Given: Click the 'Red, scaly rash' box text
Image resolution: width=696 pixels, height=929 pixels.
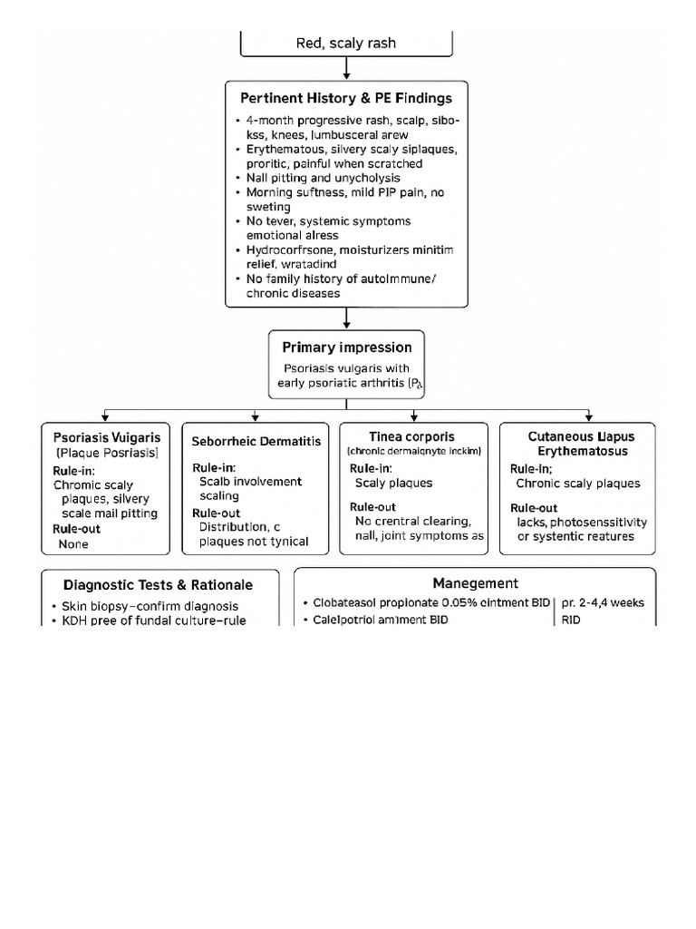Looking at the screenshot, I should coord(346,43).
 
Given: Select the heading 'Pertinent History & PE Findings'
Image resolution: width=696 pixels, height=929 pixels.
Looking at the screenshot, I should coord(346,97).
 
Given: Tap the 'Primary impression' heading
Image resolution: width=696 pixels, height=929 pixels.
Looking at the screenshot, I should coord(346,347).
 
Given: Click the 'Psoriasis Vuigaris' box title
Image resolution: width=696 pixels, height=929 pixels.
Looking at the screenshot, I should coord(106,436).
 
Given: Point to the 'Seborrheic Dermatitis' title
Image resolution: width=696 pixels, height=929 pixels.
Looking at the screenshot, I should coord(256,440).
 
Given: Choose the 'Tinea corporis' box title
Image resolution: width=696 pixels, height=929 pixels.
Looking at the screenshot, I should coord(412,436).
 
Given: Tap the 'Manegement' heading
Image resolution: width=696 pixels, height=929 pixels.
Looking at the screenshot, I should coord(475,583).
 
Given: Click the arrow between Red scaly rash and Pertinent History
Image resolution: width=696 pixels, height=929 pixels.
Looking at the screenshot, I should coord(346,68).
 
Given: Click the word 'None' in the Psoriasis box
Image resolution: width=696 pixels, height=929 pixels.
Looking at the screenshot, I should coord(74,544).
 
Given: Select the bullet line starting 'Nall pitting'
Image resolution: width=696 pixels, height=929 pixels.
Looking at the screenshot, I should coord(323,179).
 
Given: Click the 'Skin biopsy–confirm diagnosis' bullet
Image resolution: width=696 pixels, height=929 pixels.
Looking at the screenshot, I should coord(150,605).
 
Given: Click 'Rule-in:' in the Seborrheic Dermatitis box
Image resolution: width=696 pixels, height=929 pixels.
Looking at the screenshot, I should coord(213,466).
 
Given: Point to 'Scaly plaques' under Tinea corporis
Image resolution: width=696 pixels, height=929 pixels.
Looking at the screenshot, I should coord(393,484).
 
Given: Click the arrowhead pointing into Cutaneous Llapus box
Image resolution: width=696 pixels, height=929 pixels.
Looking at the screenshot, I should coord(591,416).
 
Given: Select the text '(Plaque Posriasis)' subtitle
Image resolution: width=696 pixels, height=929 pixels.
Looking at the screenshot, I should coord(107,452).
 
